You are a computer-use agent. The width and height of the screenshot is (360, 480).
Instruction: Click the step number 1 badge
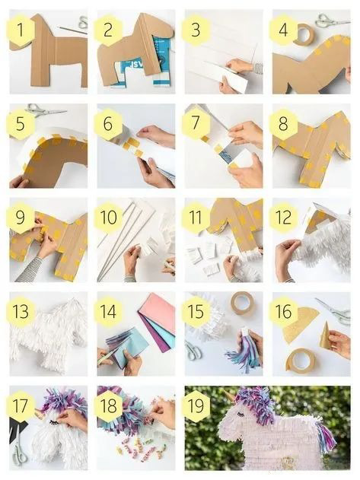(x=21, y=30)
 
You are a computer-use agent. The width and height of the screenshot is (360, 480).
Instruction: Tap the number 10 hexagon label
(x=108, y=218)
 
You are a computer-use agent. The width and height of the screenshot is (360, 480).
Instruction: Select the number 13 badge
(x=21, y=312)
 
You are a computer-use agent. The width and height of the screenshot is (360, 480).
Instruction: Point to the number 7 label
(x=196, y=123)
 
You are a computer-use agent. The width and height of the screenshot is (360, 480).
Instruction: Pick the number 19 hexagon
(x=196, y=405)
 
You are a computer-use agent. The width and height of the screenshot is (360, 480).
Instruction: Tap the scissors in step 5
(x=46, y=110)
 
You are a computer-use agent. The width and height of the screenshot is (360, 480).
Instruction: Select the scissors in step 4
(x=332, y=21)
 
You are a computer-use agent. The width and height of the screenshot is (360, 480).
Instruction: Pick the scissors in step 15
(x=193, y=350)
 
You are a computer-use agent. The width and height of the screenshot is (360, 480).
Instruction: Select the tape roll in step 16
(x=301, y=361)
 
